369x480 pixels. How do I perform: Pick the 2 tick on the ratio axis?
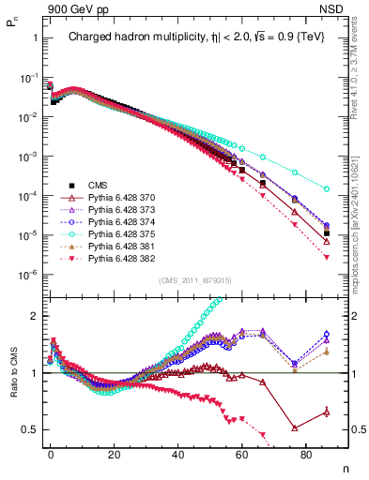[30, 316]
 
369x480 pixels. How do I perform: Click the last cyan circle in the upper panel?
[326, 189]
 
